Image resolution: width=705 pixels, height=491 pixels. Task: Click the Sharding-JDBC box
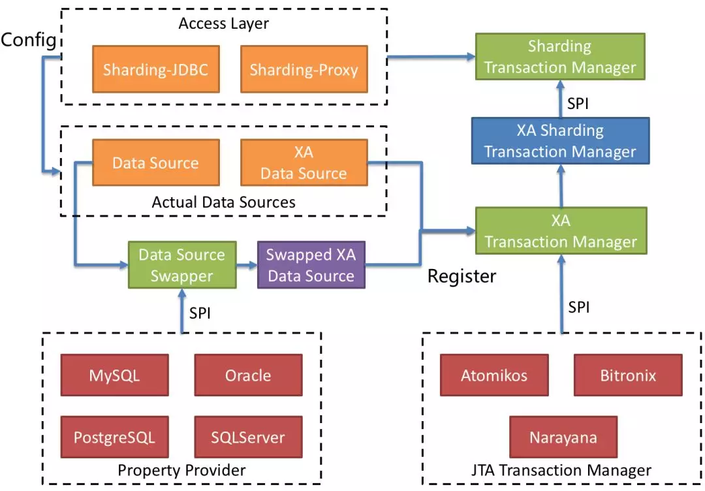pyautogui.click(x=155, y=69)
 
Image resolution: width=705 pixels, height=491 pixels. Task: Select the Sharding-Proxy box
pyautogui.click(x=304, y=69)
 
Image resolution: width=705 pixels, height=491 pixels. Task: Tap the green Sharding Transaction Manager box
pyautogui.click(x=559, y=57)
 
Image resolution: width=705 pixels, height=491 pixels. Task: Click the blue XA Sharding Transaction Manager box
pyautogui.click(x=559, y=141)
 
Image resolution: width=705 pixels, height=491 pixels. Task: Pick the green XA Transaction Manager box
pyautogui.click(x=559, y=231)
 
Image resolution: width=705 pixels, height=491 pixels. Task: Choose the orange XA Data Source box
pyautogui.click(x=304, y=163)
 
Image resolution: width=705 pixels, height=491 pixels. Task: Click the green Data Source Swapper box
pyautogui.click(x=181, y=265)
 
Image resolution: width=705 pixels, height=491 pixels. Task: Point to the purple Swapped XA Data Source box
pyautogui.click(x=311, y=265)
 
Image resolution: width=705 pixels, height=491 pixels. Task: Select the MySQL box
pyautogui.click(x=115, y=375)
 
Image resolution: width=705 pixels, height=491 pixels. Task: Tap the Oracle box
pyautogui.click(x=248, y=375)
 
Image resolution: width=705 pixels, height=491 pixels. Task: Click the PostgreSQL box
pyautogui.click(x=115, y=437)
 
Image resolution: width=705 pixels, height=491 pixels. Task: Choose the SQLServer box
pyautogui.click(x=248, y=437)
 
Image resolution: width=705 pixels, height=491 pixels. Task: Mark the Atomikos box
pyautogui.click(x=494, y=375)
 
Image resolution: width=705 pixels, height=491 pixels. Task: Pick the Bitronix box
pyautogui.click(x=628, y=375)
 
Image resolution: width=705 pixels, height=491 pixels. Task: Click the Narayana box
pyautogui.click(x=563, y=437)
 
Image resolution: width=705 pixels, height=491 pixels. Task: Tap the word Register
pyautogui.click(x=462, y=276)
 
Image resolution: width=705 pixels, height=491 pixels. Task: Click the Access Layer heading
pyautogui.click(x=224, y=24)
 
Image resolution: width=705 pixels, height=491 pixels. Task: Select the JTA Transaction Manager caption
pyautogui.click(x=561, y=470)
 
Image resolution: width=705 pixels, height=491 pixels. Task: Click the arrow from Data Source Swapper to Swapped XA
pyautogui.click(x=247, y=265)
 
